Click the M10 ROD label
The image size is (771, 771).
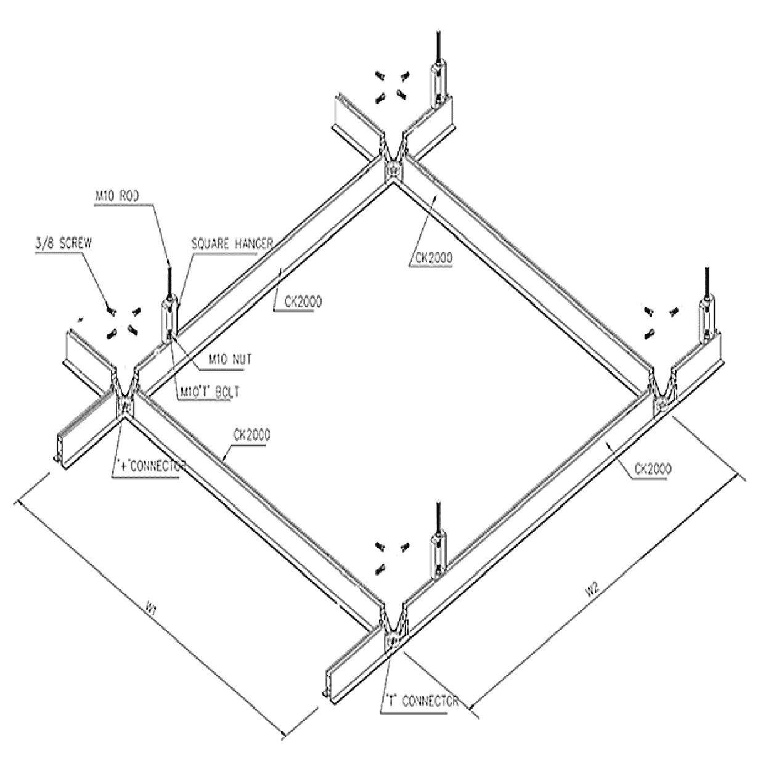click(116, 196)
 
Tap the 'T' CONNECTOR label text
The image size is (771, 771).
click(421, 701)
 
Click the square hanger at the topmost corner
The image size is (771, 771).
click(438, 82)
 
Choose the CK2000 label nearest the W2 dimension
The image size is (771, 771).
click(651, 468)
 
